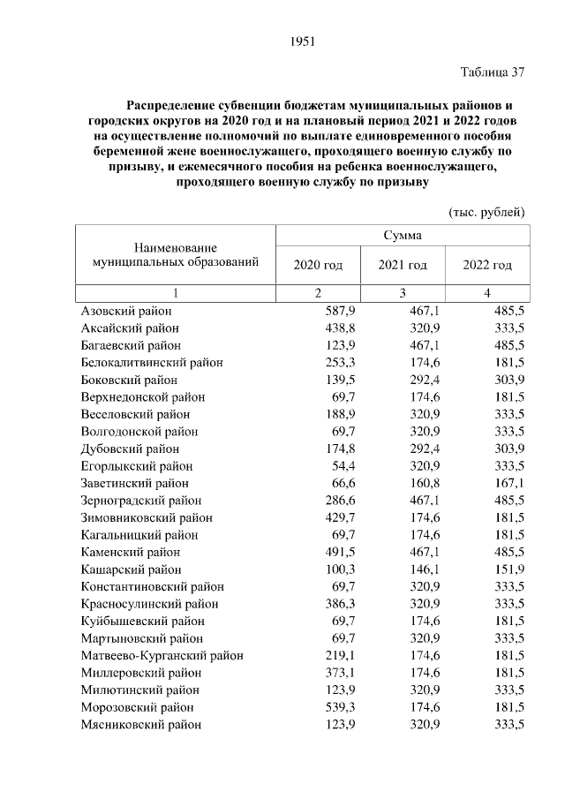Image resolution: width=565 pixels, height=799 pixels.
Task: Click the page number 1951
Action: click(302, 41)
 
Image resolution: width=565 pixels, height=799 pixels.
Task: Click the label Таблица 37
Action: click(493, 72)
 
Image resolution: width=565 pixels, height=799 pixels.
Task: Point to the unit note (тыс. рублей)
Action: click(486, 212)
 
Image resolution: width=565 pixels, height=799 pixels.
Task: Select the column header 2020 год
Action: click(318, 265)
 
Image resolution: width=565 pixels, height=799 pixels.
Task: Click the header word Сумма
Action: click(403, 236)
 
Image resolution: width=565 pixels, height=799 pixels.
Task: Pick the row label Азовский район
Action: click(126, 311)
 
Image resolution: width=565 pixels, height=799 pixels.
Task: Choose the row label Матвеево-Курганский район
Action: click(162, 655)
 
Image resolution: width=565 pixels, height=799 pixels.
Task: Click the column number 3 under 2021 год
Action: click(403, 293)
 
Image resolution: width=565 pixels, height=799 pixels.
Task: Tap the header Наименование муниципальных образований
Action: click(176, 255)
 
